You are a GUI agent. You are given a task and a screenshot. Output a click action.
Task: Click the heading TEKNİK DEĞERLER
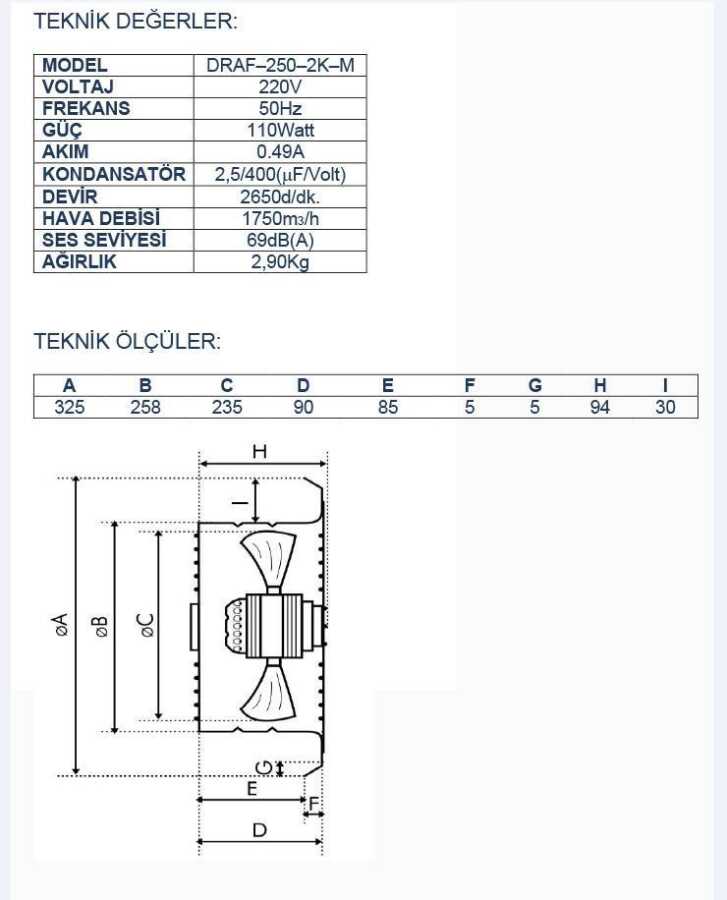click(135, 21)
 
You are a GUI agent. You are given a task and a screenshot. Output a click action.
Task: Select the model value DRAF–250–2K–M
click(280, 65)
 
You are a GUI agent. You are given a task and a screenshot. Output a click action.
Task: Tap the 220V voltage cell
click(280, 87)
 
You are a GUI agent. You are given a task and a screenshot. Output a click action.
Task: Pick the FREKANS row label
click(86, 108)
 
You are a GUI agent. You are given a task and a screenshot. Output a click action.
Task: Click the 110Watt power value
click(280, 130)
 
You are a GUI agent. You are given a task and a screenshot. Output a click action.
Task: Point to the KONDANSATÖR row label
click(114, 174)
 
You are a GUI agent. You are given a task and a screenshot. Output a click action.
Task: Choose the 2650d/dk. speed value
click(280, 197)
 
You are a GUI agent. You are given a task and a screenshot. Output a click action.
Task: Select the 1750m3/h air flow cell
click(280, 219)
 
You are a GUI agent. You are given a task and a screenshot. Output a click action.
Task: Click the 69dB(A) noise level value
click(280, 240)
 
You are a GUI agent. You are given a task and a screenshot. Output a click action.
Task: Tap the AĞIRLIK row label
click(79, 262)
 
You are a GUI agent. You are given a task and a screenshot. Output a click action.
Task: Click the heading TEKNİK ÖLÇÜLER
click(127, 341)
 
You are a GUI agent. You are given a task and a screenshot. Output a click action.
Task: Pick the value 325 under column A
click(69, 407)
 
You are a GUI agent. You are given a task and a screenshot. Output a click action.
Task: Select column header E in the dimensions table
click(388, 385)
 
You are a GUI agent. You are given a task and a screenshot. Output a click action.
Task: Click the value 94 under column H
click(600, 407)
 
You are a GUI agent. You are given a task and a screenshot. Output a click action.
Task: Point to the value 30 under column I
click(665, 407)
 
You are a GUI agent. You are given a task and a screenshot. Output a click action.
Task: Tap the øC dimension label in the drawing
click(146, 625)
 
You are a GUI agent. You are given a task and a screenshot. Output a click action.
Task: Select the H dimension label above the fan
click(260, 452)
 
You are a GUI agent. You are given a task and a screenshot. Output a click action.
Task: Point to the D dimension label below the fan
click(260, 830)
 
